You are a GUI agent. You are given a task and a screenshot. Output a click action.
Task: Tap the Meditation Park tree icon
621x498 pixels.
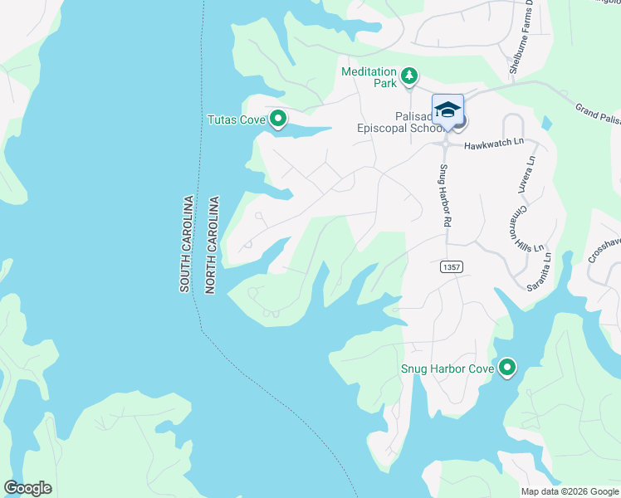click(x=408, y=77)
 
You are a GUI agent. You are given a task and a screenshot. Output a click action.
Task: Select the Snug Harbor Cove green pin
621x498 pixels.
click(x=506, y=367)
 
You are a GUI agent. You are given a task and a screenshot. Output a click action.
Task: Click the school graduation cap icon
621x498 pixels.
click(x=447, y=110)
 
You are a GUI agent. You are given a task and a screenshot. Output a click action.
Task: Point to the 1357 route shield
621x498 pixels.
click(x=451, y=267)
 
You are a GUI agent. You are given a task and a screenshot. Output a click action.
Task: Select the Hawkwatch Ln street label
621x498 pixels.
click(x=494, y=143)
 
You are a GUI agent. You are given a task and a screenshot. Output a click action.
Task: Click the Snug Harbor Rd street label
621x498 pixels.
click(x=444, y=197)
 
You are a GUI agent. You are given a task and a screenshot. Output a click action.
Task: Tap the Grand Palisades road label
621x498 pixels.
click(x=598, y=115)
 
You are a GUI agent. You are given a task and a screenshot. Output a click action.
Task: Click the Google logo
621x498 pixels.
click(x=27, y=488)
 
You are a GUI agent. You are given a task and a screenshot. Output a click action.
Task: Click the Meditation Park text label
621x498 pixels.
click(x=369, y=77)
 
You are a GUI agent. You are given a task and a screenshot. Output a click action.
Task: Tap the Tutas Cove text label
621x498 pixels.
click(x=236, y=120)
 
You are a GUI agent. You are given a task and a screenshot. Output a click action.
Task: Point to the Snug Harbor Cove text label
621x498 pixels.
click(x=447, y=368)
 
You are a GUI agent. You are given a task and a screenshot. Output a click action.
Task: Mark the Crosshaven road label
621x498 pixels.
click(x=604, y=250)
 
